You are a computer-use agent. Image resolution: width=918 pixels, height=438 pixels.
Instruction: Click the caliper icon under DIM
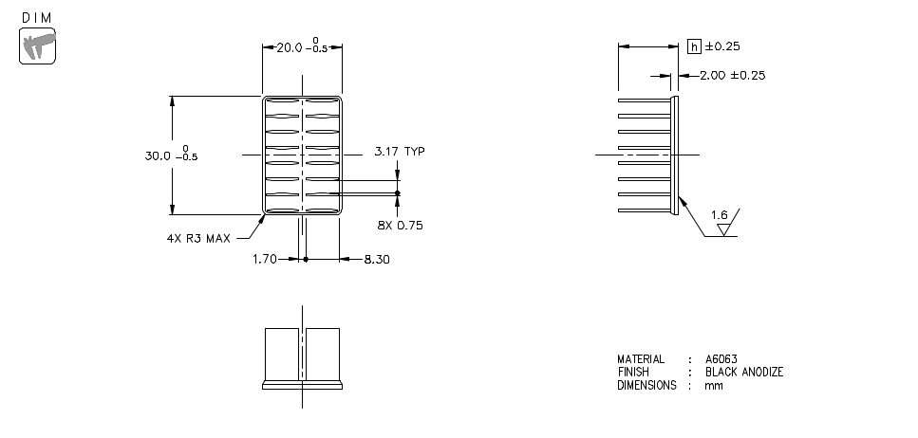point(37,46)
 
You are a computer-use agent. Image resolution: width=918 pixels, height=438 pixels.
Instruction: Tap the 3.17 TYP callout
point(399,151)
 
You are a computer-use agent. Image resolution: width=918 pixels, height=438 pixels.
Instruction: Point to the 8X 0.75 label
point(399,225)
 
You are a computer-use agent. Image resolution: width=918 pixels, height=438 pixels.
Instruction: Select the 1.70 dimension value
point(265,258)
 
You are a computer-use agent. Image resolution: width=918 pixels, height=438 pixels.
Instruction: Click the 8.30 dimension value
point(377,258)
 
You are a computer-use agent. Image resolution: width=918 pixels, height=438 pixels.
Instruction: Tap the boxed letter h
point(694,46)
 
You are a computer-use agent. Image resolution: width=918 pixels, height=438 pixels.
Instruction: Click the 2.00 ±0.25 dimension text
point(732,75)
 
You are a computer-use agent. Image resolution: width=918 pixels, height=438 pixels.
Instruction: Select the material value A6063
point(721,359)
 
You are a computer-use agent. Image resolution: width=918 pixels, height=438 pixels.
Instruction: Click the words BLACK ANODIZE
point(744,373)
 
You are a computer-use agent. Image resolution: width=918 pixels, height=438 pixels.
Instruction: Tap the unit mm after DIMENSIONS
point(713,386)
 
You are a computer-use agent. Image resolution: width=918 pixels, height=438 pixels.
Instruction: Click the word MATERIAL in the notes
point(641,359)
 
